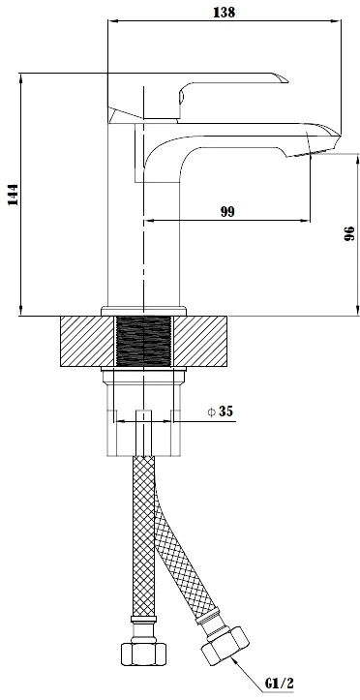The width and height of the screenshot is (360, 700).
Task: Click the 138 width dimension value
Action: point(224,12)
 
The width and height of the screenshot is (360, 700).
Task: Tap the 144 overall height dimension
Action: point(14,195)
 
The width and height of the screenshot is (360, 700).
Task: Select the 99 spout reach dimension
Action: point(227,212)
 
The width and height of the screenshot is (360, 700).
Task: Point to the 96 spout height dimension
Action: point(349,233)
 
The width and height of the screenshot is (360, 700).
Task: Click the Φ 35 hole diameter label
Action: point(221,411)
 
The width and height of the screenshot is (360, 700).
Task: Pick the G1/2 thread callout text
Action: point(280,683)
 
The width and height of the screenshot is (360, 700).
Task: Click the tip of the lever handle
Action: point(287,80)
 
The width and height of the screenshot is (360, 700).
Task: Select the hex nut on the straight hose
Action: point(143,654)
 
